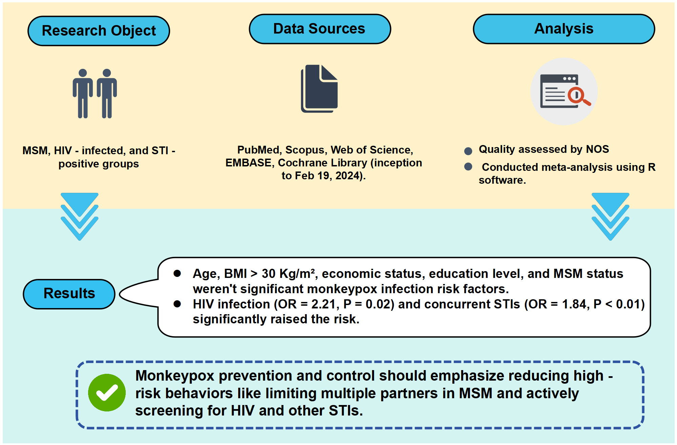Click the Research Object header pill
pyautogui.click(x=99, y=31)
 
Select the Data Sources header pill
pyautogui.click(x=320, y=29)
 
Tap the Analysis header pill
pyautogui.click(x=564, y=29)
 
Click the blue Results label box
pyautogui.click(x=69, y=294)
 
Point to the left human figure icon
pyautogui.click(x=82, y=94)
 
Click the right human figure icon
pyautogui.click(x=107, y=94)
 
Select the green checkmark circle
pyautogui.click(x=107, y=393)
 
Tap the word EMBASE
pyautogui.click(x=248, y=163)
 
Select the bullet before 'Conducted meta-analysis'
pyautogui.click(x=468, y=166)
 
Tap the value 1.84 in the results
pyautogui.click(x=575, y=304)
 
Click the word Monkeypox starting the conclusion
pyautogui.click(x=175, y=376)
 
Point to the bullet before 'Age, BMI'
pyautogui.click(x=177, y=274)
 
